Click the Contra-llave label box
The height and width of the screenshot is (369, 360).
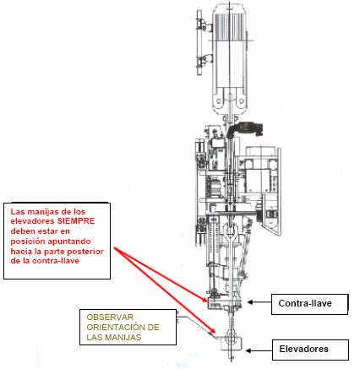point(310,304)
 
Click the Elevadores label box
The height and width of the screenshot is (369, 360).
point(310,350)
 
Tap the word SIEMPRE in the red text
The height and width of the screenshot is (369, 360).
point(76,221)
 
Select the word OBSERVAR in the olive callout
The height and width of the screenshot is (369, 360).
point(110,317)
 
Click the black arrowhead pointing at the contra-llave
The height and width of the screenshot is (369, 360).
point(250,302)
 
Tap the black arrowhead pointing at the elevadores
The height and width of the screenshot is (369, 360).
point(248,350)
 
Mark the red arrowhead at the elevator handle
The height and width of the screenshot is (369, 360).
point(212,331)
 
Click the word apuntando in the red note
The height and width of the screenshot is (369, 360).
point(69,241)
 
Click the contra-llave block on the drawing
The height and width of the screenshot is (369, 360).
point(225,304)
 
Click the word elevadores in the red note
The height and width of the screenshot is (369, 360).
point(32,221)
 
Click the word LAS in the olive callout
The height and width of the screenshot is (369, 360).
point(95,337)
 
